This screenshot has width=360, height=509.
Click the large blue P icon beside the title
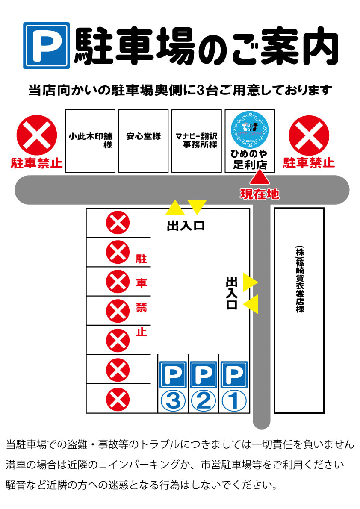click(46, 45)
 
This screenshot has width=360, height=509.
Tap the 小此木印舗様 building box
click(90, 141)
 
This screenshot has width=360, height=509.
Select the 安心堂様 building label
click(143, 137)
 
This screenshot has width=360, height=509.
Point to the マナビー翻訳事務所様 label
click(197, 141)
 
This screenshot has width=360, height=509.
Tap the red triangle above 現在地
click(259, 179)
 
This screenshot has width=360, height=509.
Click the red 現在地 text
click(259, 194)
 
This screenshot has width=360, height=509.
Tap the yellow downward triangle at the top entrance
click(197, 206)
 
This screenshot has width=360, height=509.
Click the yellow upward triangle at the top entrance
click(175, 208)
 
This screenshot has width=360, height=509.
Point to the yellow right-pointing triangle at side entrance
click(250, 282)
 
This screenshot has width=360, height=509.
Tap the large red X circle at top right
click(309, 135)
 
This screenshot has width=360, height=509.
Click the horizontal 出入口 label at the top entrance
click(186, 226)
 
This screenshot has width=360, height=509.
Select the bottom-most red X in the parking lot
click(118, 400)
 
